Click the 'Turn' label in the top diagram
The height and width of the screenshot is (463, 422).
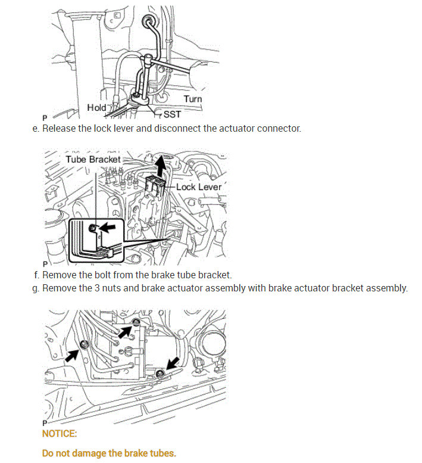pyautogui.click(x=192, y=99)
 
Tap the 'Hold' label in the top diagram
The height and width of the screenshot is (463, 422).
pyautogui.click(x=96, y=108)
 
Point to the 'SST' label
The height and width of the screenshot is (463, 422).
pyautogui.click(x=172, y=114)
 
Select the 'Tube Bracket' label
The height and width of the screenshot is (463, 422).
pyautogui.click(x=93, y=159)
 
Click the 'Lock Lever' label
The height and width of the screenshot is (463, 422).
pyautogui.click(x=199, y=187)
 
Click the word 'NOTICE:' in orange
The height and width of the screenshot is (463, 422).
pyautogui.click(x=60, y=434)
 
